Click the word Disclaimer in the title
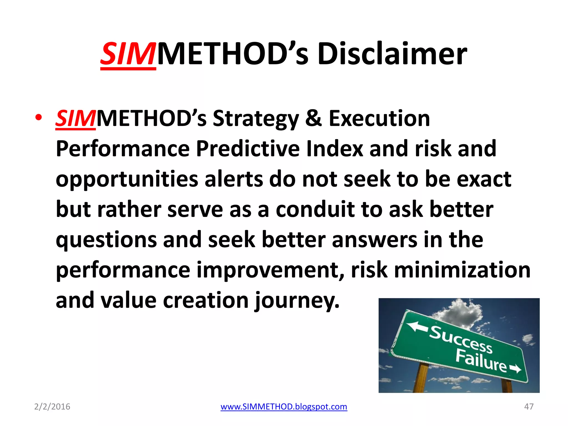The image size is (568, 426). [x=392, y=54]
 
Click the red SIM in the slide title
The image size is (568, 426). [x=128, y=54]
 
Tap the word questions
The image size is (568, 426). [x=106, y=240]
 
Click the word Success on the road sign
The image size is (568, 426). [x=461, y=340]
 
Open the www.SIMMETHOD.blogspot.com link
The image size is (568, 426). [x=284, y=407]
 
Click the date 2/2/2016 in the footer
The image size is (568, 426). [x=52, y=407]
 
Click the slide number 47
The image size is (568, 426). [x=529, y=407]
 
